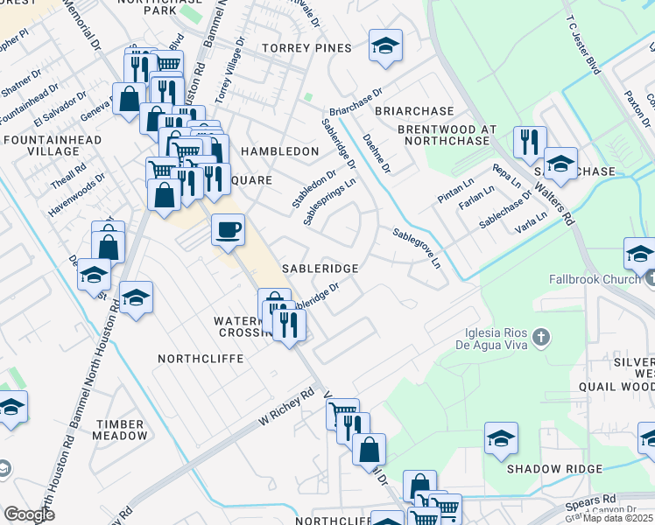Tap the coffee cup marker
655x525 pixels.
228,230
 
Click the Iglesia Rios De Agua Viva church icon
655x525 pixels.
542,337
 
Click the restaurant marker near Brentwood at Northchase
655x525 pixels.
529,143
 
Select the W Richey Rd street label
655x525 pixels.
286,408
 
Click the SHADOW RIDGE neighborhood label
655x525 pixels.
555,469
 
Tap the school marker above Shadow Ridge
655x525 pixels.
501,438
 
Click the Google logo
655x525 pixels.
29,514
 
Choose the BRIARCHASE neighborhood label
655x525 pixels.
414,111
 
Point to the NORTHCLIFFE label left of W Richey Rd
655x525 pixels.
194,359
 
